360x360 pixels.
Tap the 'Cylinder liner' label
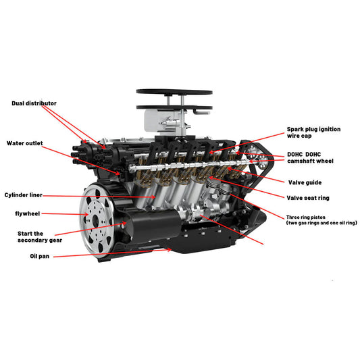tap(24, 195)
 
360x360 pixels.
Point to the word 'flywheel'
tap(28, 213)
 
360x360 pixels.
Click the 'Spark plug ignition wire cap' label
tap(314, 132)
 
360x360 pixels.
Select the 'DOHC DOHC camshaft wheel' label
tap(310, 158)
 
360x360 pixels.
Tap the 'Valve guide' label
tap(304, 182)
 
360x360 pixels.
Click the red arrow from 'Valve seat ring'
tap(257, 188)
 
